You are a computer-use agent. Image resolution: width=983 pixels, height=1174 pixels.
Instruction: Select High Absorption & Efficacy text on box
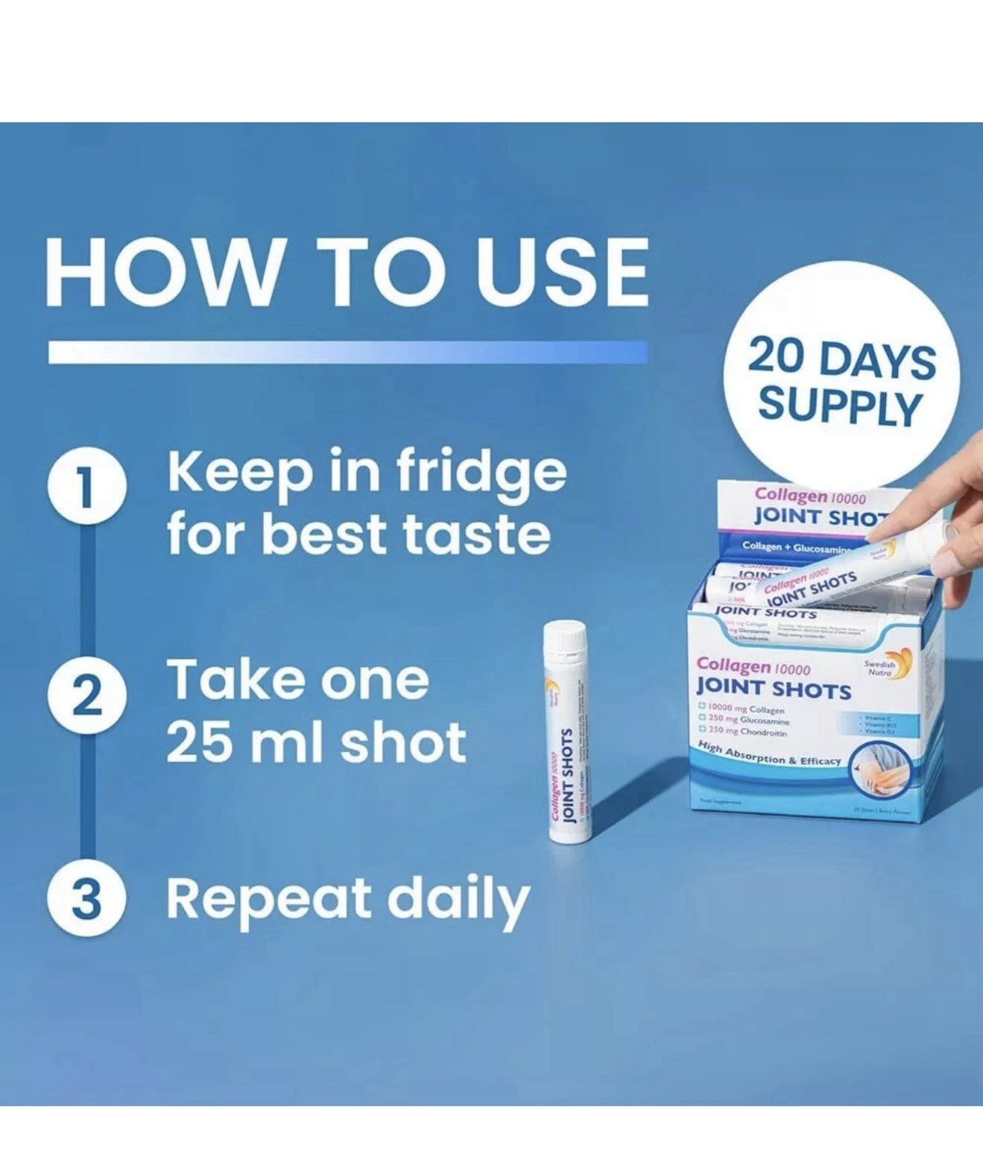tap(769, 754)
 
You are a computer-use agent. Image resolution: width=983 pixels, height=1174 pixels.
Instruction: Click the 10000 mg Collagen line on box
tap(742, 708)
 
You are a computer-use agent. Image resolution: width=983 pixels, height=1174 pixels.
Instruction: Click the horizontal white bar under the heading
tap(347, 352)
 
